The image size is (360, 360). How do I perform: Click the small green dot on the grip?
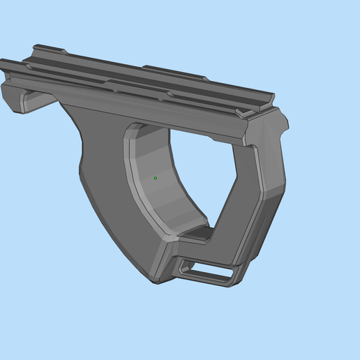[x=155, y=178]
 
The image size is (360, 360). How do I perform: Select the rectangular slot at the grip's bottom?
[x=207, y=269]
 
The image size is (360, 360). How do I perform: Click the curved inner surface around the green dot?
[x=157, y=188]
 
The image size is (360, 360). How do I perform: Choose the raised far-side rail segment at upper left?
[x=49, y=51]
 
